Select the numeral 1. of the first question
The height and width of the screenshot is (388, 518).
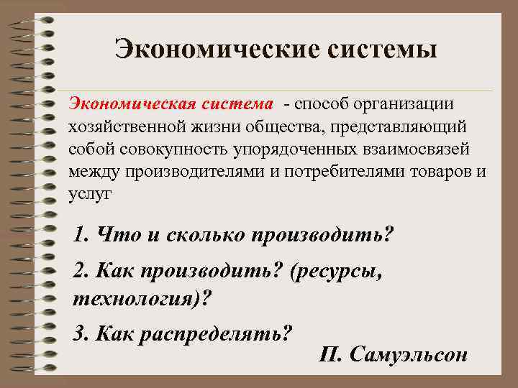[x=81, y=235]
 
